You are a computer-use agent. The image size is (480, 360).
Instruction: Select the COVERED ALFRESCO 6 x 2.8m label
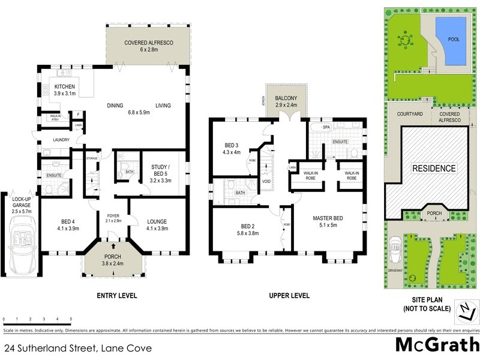coord(149,47)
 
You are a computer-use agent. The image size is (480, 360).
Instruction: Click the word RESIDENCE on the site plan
coord(433,169)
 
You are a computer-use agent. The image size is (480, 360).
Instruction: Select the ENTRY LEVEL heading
coord(117,295)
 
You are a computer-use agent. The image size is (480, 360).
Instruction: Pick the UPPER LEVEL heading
coord(289,295)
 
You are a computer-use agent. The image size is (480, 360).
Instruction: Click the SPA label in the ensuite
coord(326,128)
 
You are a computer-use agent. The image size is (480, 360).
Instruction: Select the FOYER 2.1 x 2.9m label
coord(113,218)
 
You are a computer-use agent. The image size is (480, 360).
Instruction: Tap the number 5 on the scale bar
coord(71,319)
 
